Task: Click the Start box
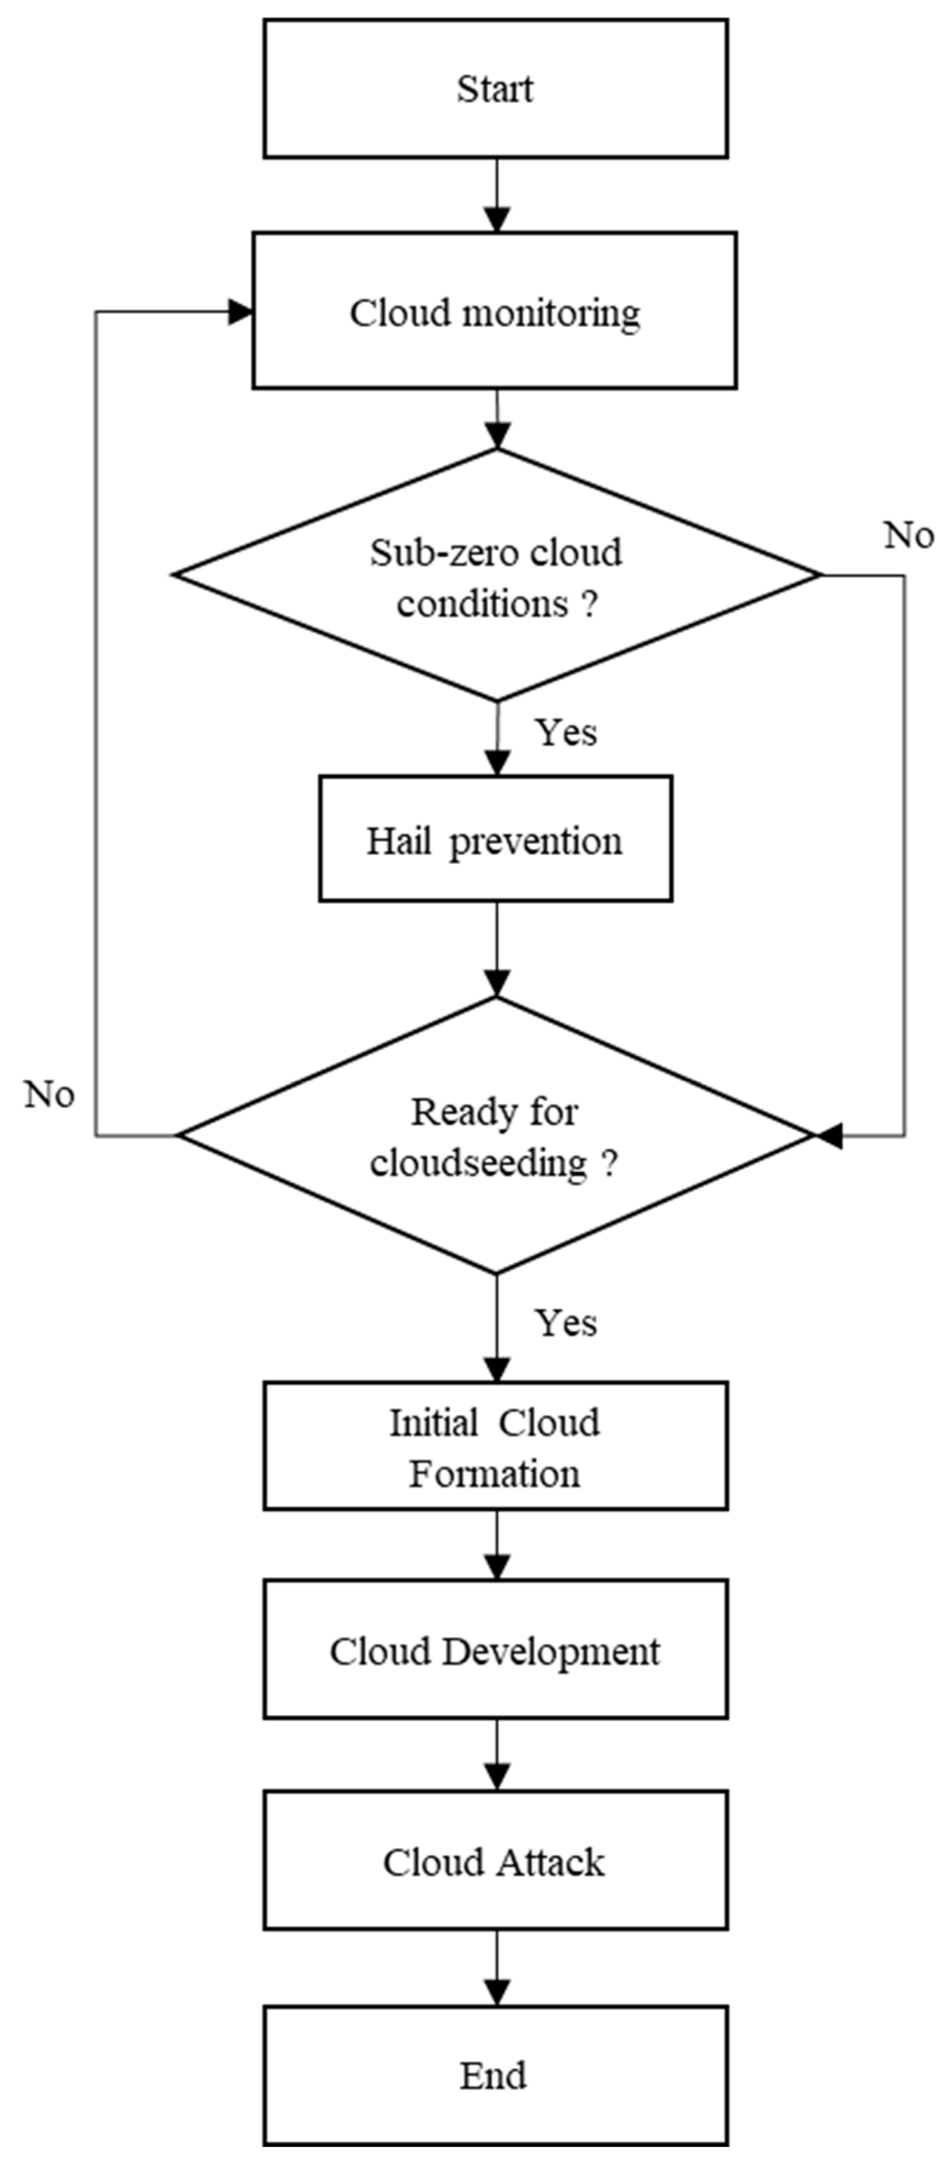coord(496,89)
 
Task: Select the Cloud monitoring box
coord(495,311)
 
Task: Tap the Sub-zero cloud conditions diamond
coord(497,575)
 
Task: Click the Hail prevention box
coord(496,839)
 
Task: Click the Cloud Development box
coord(496,1649)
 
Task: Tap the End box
coord(496,2075)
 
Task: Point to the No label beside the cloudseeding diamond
coord(49,1094)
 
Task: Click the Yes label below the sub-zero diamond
coord(567,732)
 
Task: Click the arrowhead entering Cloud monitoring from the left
coord(241,312)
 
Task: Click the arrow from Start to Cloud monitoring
coord(497,195)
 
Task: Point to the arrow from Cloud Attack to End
coord(497,1968)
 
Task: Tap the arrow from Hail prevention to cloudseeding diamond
coord(497,950)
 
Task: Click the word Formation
coord(495,1473)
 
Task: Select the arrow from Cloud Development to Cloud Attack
coord(497,1754)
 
